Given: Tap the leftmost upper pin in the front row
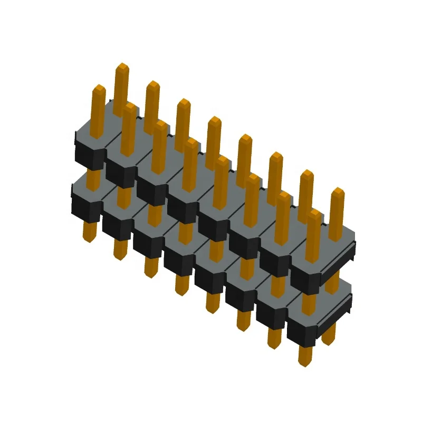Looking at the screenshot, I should coord(99,111).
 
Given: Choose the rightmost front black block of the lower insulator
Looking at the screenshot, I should coord(301,331).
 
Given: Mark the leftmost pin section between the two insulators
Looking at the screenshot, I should coord(93,178).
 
